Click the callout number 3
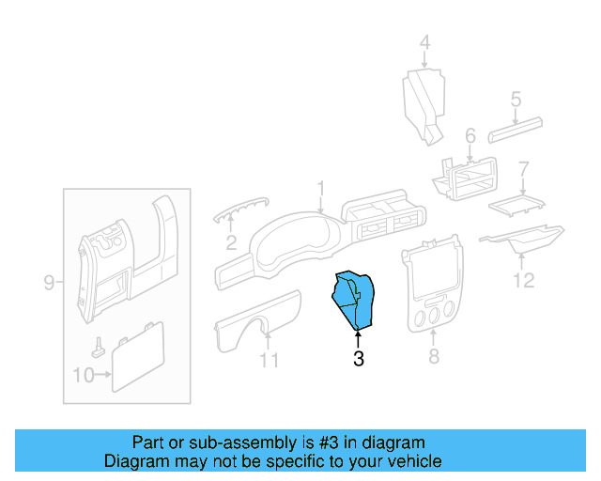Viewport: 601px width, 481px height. click(358, 358)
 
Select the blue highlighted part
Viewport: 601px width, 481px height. click(355, 298)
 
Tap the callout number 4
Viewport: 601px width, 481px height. click(424, 42)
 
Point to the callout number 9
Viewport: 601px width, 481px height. click(50, 282)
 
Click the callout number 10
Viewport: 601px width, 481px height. click(82, 376)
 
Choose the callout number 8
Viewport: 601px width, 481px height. click(433, 357)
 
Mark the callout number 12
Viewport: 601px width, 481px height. click(524, 280)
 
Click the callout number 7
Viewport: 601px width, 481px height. click(524, 168)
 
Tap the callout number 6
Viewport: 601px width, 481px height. click(470, 135)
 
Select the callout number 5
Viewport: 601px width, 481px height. click(516, 99)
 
